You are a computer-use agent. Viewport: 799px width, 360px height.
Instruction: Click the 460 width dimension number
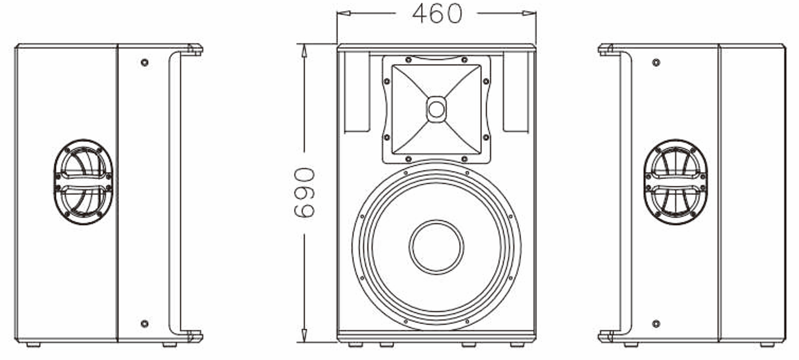[x=437, y=13]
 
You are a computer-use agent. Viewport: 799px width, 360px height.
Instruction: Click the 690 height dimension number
[x=304, y=193]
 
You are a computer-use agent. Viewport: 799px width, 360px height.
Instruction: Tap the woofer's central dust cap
[x=436, y=247]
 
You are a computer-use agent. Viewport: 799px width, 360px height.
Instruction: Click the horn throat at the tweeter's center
[x=436, y=109]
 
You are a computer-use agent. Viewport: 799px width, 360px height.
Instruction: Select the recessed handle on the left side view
[x=83, y=182]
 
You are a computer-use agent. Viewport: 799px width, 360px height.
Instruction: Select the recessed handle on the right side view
[x=675, y=182]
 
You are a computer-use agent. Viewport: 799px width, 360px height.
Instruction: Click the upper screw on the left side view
[x=145, y=62]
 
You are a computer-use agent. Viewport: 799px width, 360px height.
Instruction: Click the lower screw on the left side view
[x=145, y=324]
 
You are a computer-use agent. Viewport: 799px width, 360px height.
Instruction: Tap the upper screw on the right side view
[x=656, y=62]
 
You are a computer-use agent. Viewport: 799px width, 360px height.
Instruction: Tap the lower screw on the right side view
[x=656, y=324]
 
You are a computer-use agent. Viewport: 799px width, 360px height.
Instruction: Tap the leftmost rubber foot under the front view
[x=356, y=345]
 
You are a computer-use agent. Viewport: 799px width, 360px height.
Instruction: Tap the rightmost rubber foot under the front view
[x=517, y=345]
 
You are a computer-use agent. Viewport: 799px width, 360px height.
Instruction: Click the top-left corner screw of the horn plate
[x=408, y=60]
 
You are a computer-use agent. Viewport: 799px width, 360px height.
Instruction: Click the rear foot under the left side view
[x=33, y=345]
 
